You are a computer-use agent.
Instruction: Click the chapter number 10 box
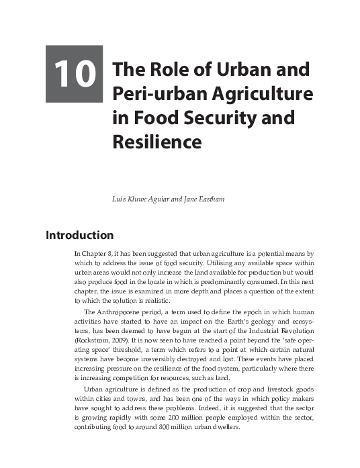[x=75, y=75]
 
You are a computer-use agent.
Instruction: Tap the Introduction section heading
[x=79, y=236]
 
